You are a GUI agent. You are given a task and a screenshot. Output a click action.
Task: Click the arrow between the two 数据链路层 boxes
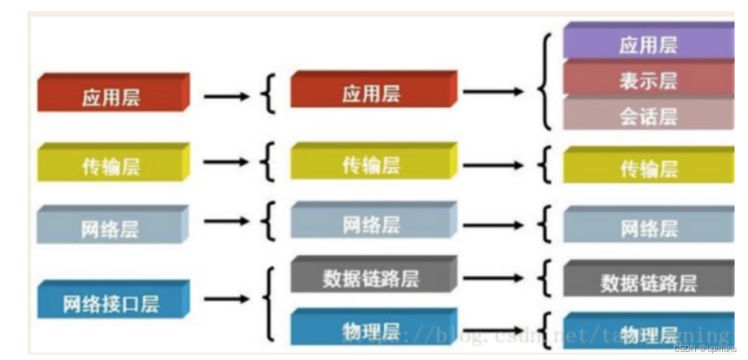[x=493, y=277]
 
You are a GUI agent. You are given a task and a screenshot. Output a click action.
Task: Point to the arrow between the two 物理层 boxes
[x=493, y=328]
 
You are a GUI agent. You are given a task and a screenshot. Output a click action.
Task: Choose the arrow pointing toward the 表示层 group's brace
[x=493, y=92]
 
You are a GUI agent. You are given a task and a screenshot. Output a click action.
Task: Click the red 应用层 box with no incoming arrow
[x=112, y=94]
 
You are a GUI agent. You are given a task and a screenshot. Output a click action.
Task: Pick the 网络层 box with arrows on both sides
[x=372, y=222]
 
